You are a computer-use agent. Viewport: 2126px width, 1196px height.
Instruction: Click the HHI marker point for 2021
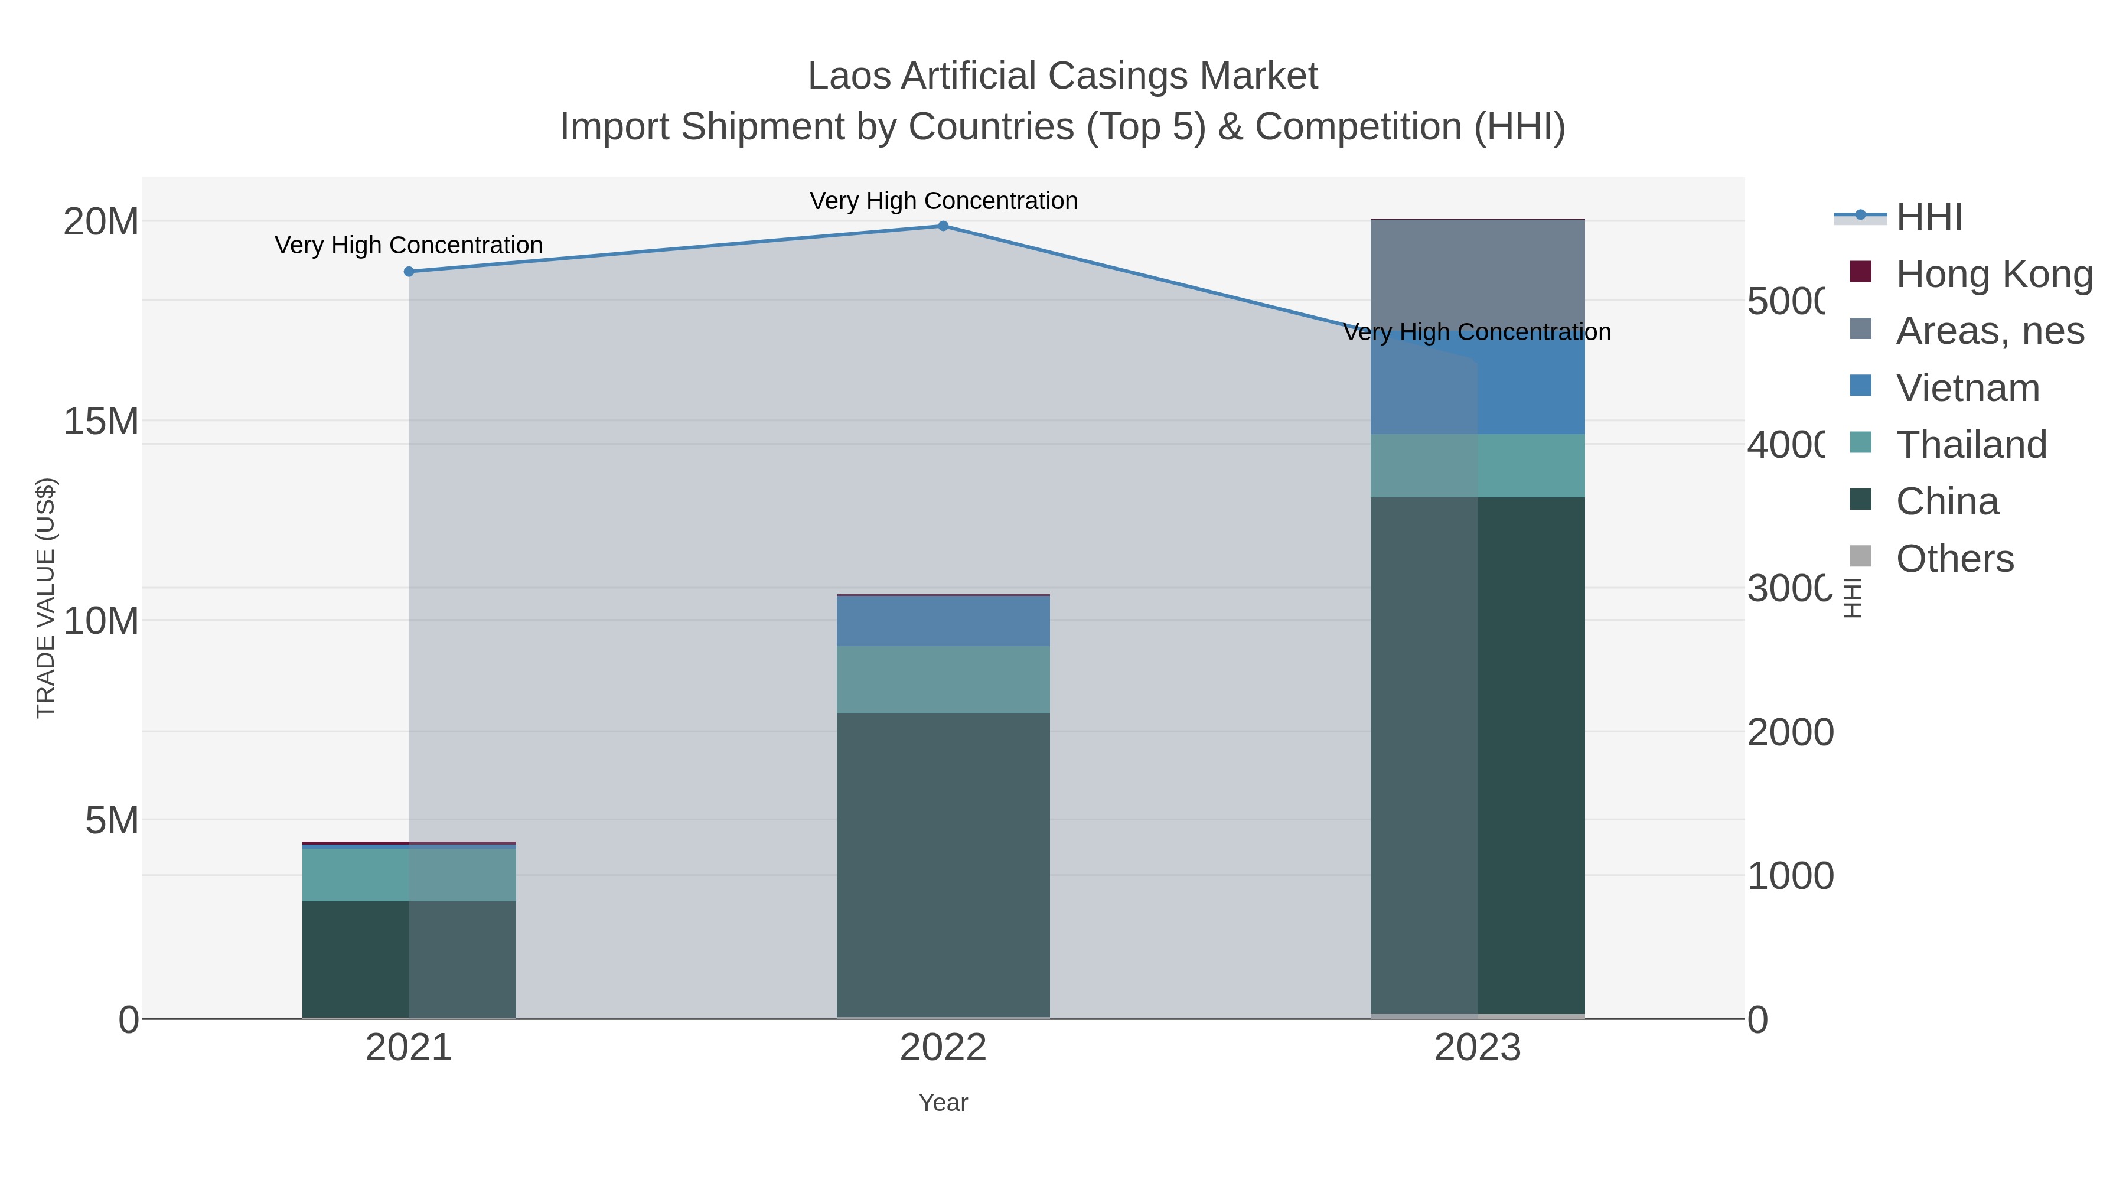pos(409,272)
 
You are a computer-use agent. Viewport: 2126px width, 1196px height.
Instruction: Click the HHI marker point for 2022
pos(943,226)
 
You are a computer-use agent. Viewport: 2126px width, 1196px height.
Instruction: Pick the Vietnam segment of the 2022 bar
pos(943,621)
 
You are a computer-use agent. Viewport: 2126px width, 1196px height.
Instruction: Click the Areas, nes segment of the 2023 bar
pos(1478,272)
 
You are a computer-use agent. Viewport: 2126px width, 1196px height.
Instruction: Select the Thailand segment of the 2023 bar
pos(1478,465)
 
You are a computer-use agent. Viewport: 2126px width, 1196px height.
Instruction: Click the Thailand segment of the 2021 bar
pos(409,874)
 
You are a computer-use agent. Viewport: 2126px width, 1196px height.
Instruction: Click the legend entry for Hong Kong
pos(1993,274)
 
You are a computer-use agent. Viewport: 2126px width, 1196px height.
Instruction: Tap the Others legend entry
pos(1954,559)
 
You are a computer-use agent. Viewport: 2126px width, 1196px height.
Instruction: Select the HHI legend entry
pos(1928,217)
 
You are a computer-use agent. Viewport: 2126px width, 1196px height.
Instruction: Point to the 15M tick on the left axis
pos(100,421)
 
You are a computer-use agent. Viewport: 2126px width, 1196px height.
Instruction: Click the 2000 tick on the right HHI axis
pos(1789,732)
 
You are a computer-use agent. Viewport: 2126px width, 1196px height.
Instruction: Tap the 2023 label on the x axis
pos(1478,1047)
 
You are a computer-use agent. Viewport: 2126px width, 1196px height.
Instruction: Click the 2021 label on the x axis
pos(409,1047)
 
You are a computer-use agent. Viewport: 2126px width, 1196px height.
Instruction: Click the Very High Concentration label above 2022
pos(943,201)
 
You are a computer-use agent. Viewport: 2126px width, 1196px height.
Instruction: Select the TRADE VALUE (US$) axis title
pos(45,598)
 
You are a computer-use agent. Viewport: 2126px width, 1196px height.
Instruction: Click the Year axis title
pos(943,1103)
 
